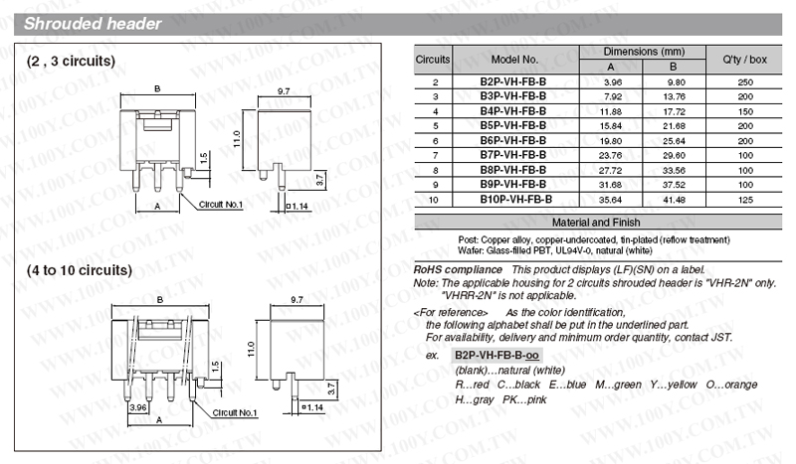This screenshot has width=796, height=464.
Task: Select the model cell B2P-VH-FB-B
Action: point(513,81)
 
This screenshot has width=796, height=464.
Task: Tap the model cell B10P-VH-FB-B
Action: point(515,200)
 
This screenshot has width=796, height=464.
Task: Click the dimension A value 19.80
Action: point(612,140)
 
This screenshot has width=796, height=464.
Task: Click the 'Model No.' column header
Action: point(514,60)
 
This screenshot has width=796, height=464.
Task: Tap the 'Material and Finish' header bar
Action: point(596,223)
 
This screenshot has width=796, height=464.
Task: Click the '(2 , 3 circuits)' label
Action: point(72,62)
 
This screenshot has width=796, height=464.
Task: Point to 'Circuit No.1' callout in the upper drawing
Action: point(223,204)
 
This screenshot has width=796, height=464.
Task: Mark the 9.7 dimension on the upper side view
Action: point(283,90)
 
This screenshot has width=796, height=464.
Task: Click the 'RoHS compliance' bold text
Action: point(458,269)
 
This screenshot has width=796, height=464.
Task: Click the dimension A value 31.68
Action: point(612,185)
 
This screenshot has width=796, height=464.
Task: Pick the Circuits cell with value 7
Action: point(435,155)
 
